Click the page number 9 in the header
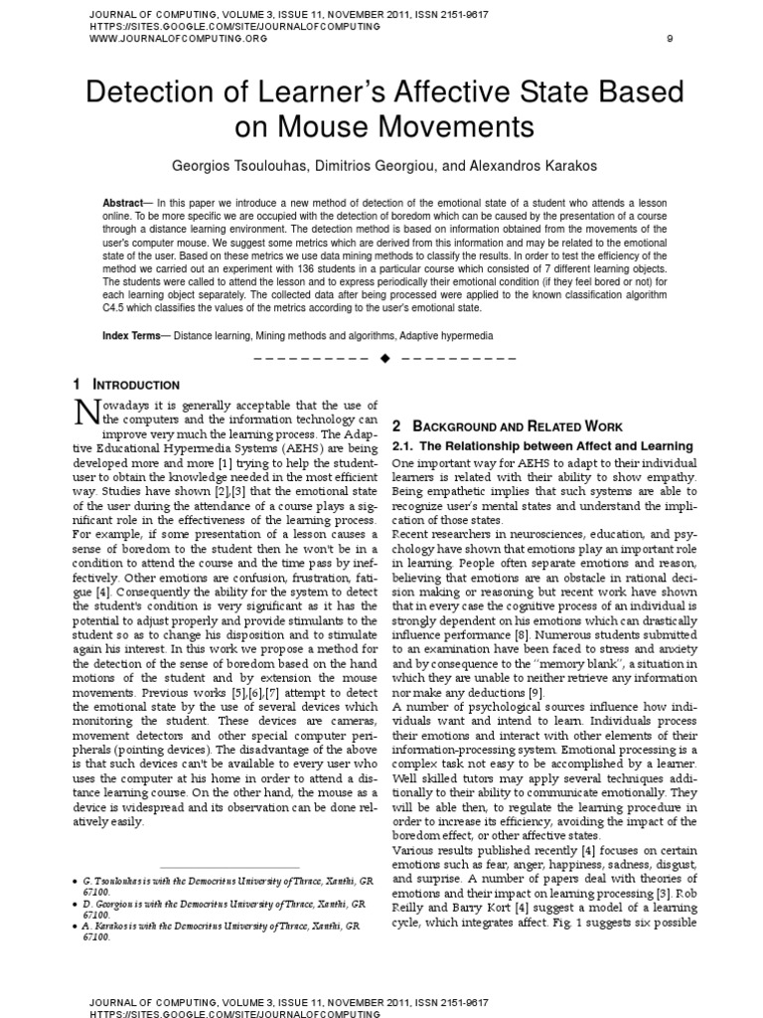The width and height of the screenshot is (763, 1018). [669, 39]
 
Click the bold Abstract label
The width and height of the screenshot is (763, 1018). [122, 203]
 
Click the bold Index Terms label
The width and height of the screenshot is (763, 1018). [133, 336]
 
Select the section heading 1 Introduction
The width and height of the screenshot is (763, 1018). [126, 385]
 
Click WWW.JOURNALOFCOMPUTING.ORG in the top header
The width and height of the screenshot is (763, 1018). [164, 39]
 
